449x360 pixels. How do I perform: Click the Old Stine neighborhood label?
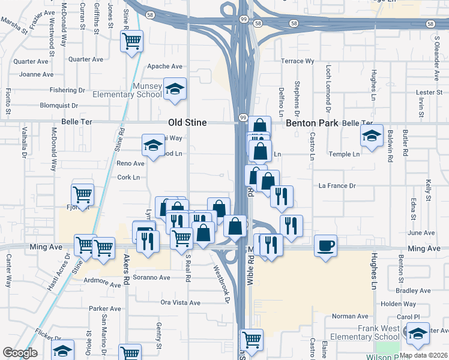coord(187,122)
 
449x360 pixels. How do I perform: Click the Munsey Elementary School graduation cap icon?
coord(175,89)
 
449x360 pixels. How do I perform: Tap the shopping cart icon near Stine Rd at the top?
coord(131,41)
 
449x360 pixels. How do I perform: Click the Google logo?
coord(20,353)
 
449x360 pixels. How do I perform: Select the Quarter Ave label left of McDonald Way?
coord(31,61)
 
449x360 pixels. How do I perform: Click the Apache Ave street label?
coord(164,67)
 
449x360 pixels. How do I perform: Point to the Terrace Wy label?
coord(298,61)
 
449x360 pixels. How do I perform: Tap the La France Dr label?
coord(337,186)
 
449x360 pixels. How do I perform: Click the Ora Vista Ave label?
coord(180,303)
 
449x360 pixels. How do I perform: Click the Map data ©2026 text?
coord(423,355)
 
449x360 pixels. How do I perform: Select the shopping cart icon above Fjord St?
coord(82,194)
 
